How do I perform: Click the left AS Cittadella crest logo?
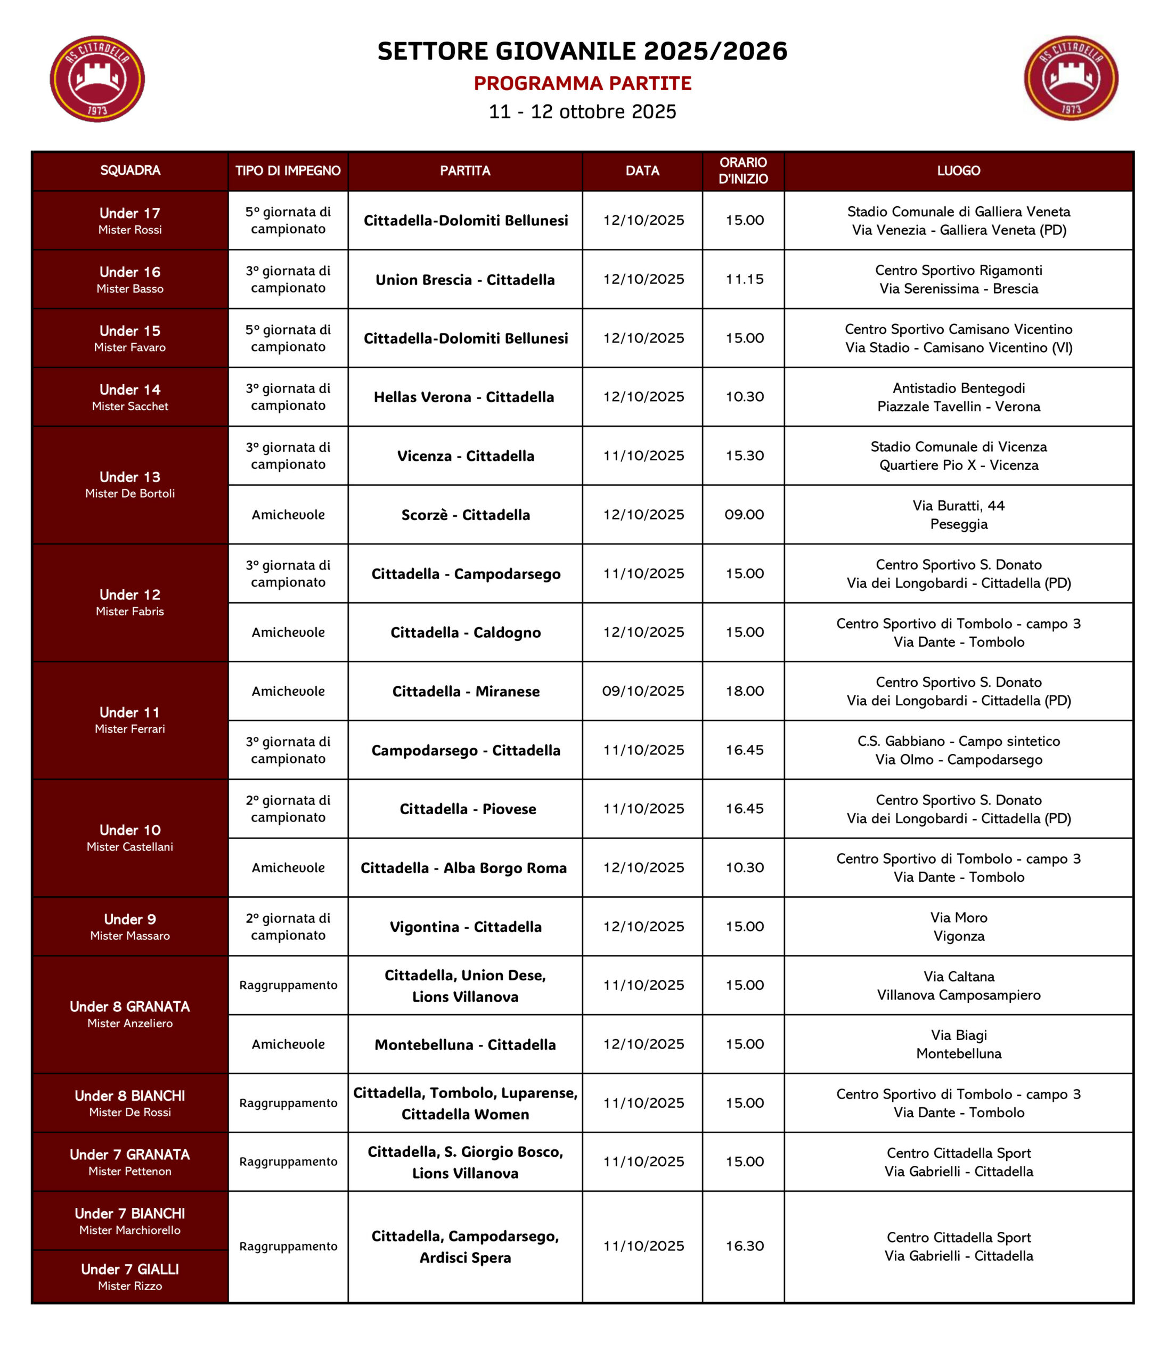click(97, 79)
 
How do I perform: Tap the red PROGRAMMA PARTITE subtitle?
click(583, 84)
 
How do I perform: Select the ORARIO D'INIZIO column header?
click(743, 170)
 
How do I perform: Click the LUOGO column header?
click(958, 170)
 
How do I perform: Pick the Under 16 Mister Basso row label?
click(129, 279)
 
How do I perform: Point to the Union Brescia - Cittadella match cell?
click(464, 280)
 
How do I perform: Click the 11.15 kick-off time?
click(745, 279)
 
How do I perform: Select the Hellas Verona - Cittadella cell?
click(464, 397)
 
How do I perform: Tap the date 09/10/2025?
click(643, 691)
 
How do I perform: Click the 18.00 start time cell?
click(745, 691)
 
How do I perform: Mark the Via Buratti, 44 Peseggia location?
click(958, 515)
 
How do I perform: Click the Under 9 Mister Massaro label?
click(129, 926)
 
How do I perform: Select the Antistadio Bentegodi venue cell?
click(958, 397)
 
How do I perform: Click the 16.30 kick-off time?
click(745, 1246)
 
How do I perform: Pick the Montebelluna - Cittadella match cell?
click(464, 1045)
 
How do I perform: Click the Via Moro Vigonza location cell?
click(958, 926)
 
